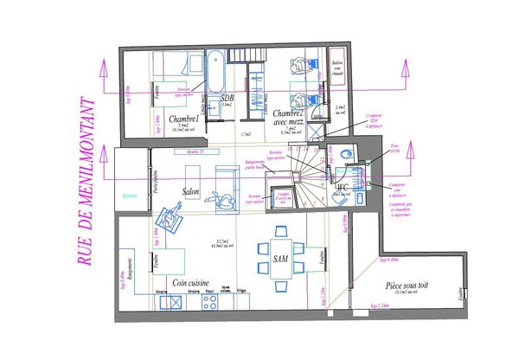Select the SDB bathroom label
click(x=227, y=99)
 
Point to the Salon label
click(x=192, y=191)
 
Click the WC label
click(x=342, y=186)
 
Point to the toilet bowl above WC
click(x=347, y=154)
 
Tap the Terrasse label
click(x=131, y=194)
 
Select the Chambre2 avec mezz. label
click(x=286, y=119)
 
